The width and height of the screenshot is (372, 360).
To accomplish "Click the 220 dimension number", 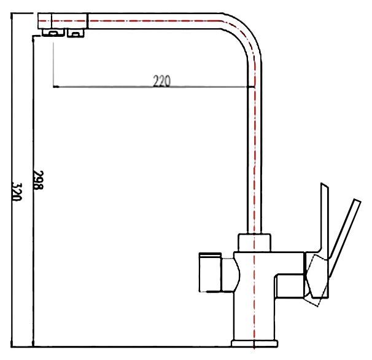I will tap(161, 80).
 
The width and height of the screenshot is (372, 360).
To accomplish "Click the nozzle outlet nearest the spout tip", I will tap(53, 33).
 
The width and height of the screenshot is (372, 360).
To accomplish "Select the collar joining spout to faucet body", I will tap(253, 243).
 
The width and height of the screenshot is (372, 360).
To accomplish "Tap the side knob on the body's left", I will tap(211, 270).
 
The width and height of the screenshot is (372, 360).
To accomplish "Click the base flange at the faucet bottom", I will tap(254, 342).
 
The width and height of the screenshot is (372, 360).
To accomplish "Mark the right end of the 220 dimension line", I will tap(254, 87).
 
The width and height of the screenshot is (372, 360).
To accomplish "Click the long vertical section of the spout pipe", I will tap(254, 154).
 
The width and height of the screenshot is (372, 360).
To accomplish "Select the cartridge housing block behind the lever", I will tap(290, 285).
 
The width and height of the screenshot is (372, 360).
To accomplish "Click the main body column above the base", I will tap(254, 301).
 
